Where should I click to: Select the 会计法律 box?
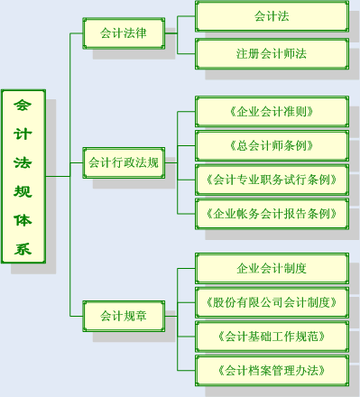click(x=124, y=33)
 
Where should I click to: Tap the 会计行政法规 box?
click(x=124, y=163)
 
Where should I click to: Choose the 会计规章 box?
click(x=124, y=316)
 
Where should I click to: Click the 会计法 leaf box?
click(x=272, y=16)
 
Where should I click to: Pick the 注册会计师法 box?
click(x=272, y=53)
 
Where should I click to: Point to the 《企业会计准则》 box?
click(x=272, y=112)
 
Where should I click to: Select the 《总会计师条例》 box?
click(x=272, y=145)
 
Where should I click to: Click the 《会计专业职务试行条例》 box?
click(x=272, y=179)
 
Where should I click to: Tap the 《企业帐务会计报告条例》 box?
click(x=272, y=213)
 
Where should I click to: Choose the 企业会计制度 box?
click(x=272, y=268)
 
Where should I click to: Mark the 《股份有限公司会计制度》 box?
click(x=272, y=301)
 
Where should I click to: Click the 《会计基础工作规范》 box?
click(x=272, y=336)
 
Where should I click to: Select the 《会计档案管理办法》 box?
click(x=272, y=370)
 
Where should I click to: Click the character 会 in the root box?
click(x=23, y=106)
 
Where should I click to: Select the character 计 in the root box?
click(x=23, y=134)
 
